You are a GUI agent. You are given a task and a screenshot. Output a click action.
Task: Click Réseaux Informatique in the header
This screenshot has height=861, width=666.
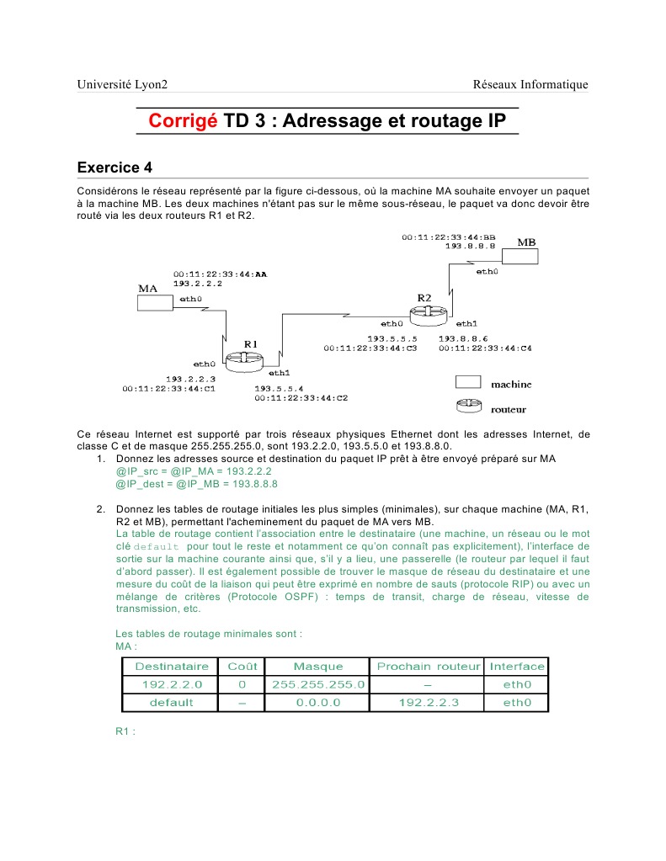tap(530, 84)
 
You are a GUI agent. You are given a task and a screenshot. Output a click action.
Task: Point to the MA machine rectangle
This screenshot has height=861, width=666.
tap(153, 302)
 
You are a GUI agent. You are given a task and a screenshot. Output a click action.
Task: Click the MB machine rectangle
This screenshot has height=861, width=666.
tap(519, 256)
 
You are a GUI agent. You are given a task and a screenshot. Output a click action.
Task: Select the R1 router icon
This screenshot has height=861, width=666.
tap(243, 360)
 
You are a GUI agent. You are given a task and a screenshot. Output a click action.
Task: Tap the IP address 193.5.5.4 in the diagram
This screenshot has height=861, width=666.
tap(279, 388)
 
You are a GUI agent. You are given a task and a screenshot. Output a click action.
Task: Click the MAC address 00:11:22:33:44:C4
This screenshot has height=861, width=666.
tap(485, 348)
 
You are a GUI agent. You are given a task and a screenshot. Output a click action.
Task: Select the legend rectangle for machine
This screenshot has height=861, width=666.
tap(468, 383)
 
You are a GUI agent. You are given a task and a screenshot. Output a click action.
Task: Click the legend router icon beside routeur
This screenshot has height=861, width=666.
tap(468, 407)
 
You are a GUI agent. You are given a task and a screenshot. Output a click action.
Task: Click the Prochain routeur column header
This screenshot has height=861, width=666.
tap(429, 667)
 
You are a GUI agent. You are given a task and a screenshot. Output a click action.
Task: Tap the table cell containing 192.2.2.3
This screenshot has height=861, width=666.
tap(429, 702)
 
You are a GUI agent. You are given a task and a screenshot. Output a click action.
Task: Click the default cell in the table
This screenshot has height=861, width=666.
tap(172, 702)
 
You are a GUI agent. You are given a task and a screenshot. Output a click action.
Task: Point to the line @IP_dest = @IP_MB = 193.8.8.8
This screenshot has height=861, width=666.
tap(196, 484)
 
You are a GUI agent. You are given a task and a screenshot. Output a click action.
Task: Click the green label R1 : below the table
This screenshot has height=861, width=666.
tap(125, 731)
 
